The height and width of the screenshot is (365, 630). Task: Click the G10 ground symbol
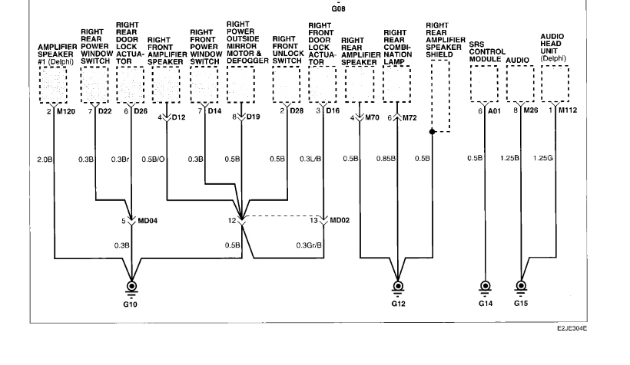click(x=135, y=288)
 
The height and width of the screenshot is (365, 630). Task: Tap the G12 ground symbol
click(x=397, y=288)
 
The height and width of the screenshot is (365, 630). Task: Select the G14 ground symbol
click(x=485, y=288)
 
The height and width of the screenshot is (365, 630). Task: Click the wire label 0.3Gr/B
click(x=309, y=245)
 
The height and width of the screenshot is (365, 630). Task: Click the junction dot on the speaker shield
click(x=433, y=132)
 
